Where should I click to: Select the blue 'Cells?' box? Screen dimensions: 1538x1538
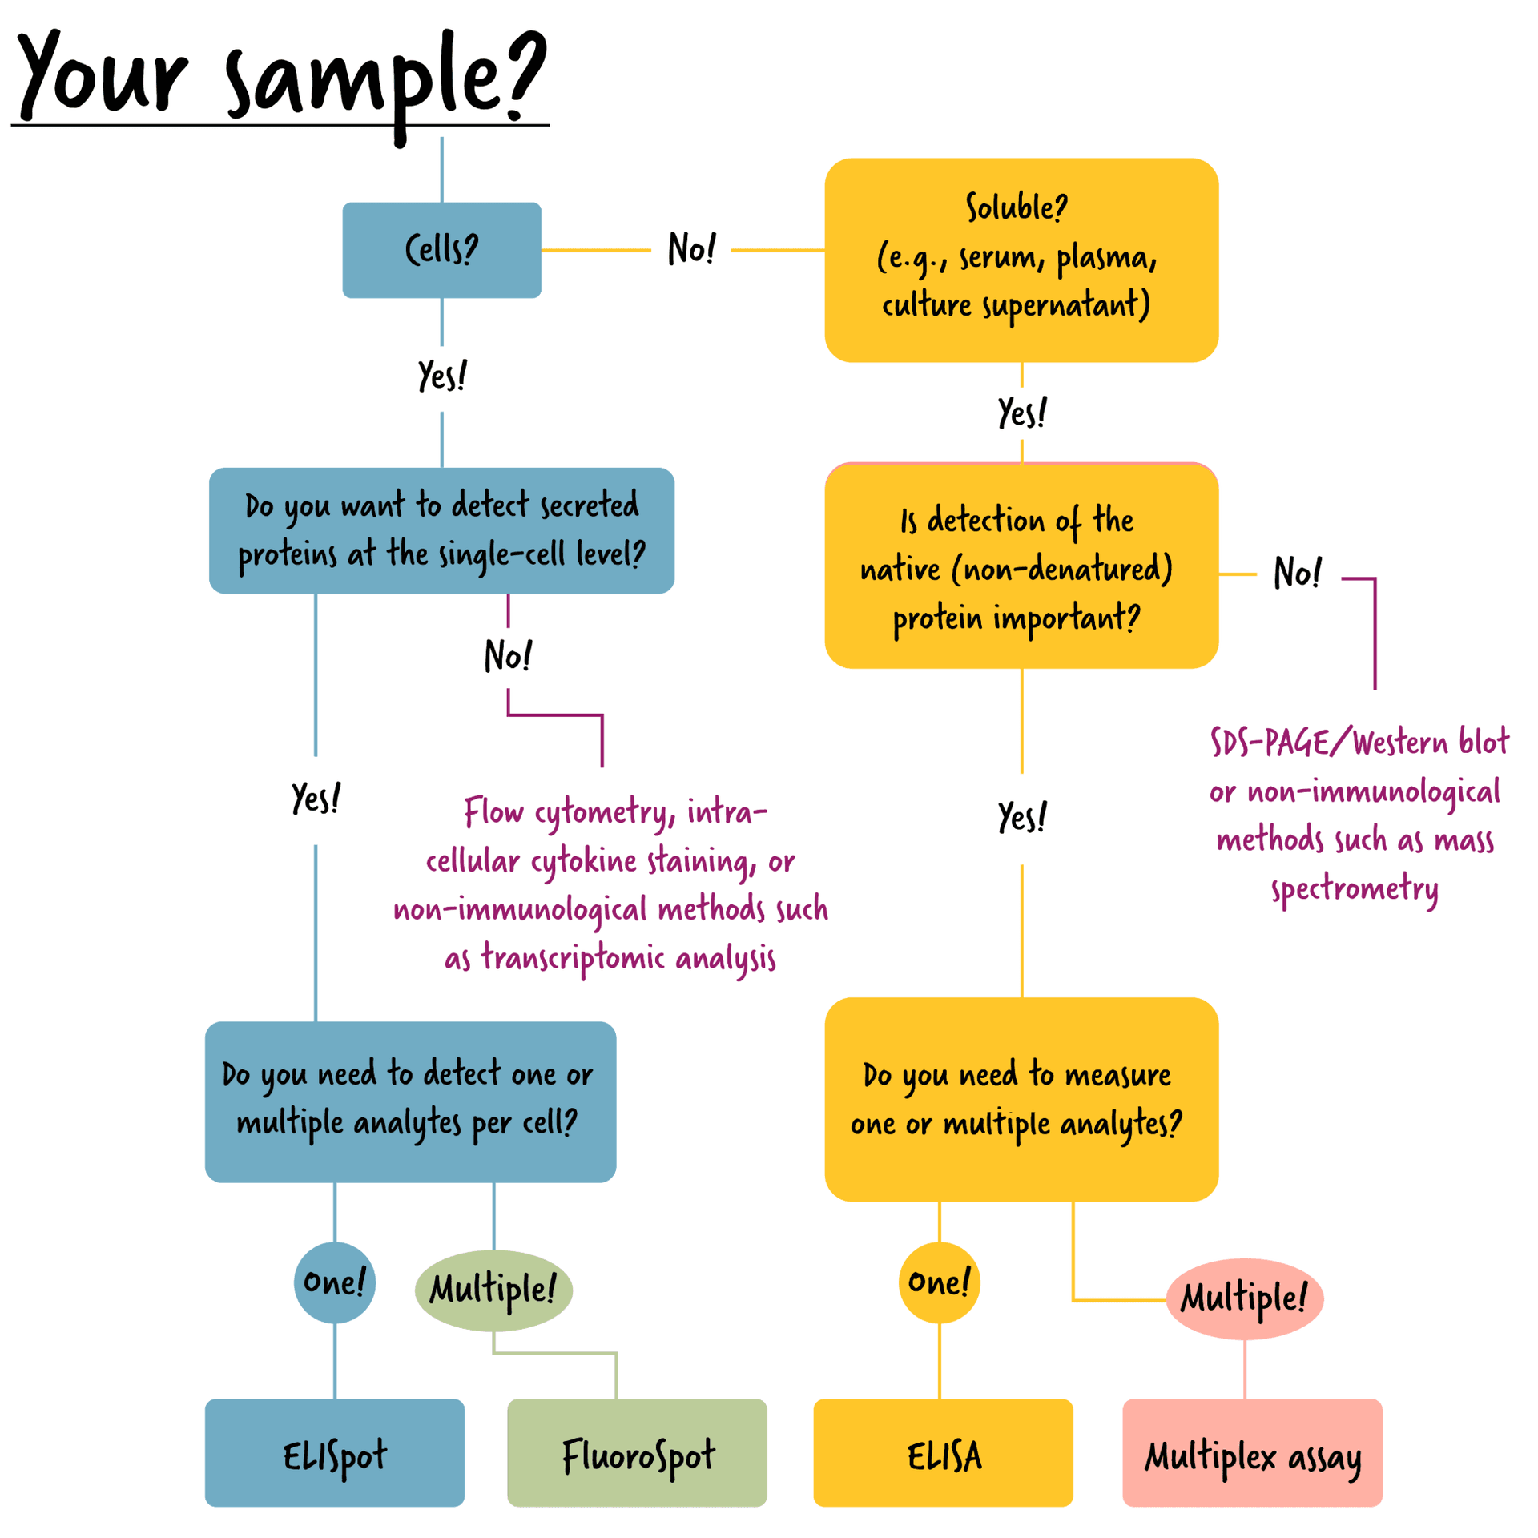(x=441, y=250)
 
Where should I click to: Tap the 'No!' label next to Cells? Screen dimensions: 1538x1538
(x=691, y=249)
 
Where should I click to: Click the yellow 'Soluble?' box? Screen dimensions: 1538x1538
(x=1021, y=260)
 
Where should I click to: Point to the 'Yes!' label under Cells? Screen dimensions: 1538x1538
(x=441, y=376)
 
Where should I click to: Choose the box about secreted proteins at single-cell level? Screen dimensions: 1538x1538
(x=441, y=530)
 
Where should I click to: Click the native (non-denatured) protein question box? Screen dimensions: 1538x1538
(x=1021, y=567)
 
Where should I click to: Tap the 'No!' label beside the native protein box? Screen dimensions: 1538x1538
(x=1297, y=573)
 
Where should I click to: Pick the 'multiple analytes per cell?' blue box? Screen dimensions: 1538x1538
(x=410, y=1101)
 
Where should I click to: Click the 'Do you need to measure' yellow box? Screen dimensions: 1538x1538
(x=1021, y=1099)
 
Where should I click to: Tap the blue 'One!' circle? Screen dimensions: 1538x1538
(x=334, y=1282)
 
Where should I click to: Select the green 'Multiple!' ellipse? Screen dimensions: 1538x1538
(x=493, y=1290)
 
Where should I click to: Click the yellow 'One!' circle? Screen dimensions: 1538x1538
(x=939, y=1282)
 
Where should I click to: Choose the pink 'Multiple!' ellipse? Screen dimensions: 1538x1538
(x=1244, y=1298)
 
